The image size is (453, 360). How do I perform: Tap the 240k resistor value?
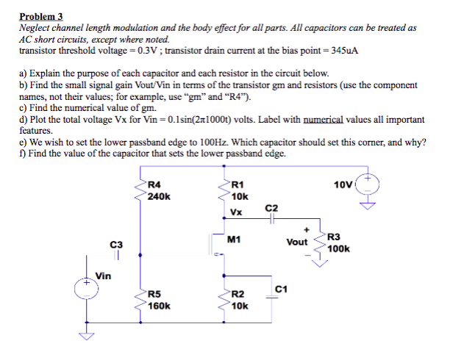[x=159, y=196]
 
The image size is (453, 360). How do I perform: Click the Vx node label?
[x=236, y=213]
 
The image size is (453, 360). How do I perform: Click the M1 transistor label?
[x=235, y=240]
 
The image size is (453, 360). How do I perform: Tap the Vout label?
[x=297, y=242]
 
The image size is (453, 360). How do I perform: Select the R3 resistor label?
[x=334, y=237]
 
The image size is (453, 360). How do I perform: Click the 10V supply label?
[x=343, y=184]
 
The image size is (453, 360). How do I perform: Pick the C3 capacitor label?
[x=116, y=243]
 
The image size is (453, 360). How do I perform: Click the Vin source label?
[x=103, y=276]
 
